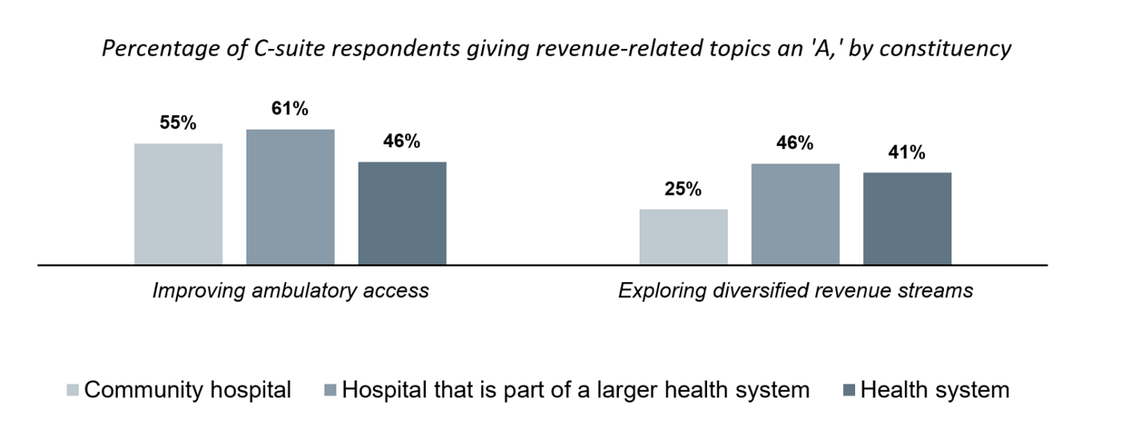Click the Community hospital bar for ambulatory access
pyautogui.click(x=178, y=203)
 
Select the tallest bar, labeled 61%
pyautogui.click(x=290, y=196)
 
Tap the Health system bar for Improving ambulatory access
pyautogui.click(x=402, y=213)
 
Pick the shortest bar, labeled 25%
pyautogui.click(x=683, y=236)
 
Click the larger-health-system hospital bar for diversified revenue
pyautogui.click(x=795, y=214)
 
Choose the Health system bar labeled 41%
pyautogui.click(x=907, y=218)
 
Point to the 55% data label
pyautogui.click(x=178, y=123)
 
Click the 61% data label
pyautogui.click(x=290, y=109)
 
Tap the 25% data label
pyautogui.click(x=683, y=190)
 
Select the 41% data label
pyautogui.click(x=907, y=153)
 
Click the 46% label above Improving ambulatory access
pyautogui.click(x=402, y=142)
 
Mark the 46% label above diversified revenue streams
pyautogui.click(x=795, y=143)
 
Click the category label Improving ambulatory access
pyautogui.click(x=291, y=290)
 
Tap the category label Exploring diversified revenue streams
pyautogui.click(x=795, y=290)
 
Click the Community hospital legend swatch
pyautogui.click(x=73, y=391)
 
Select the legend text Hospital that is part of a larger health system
pyautogui.click(x=576, y=390)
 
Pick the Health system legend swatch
pyautogui.click(x=849, y=391)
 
